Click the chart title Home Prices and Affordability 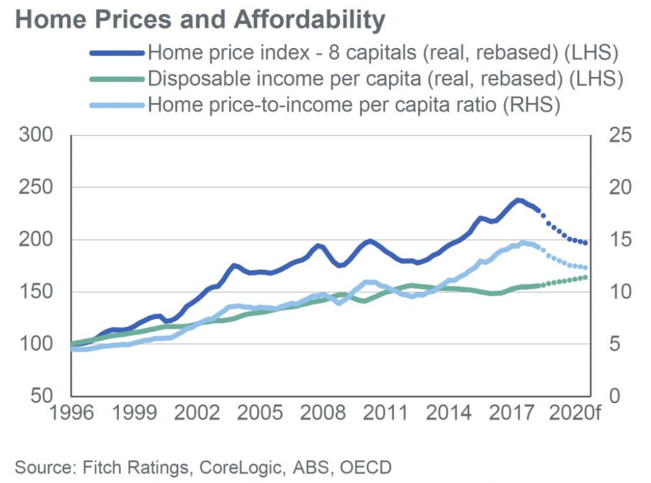200,20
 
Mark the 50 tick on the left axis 40,397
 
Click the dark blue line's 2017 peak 518,200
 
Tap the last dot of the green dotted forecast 586,277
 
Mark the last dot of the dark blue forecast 586,243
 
